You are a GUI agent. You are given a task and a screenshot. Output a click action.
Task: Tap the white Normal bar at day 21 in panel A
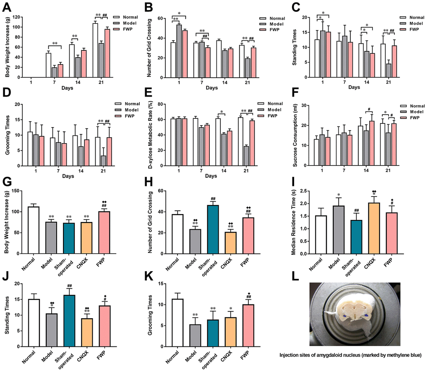pyautogui.click(x=95, y=50)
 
